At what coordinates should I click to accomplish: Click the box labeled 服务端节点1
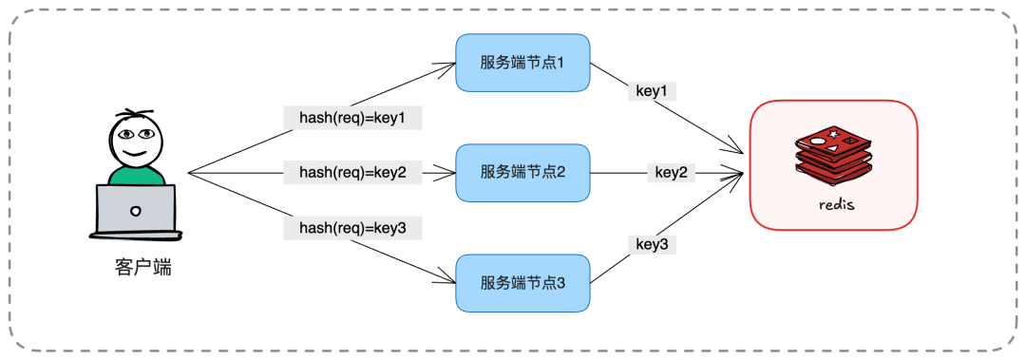[x=522, y=63]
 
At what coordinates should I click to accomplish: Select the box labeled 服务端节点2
[x=522, y=173]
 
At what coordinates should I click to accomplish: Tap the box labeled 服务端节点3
[x=522, y=283]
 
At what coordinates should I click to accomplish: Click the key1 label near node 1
[x=651, y=92]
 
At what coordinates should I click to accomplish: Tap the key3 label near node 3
[x=652, y=245]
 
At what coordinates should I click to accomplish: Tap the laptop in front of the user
[x=135, y=211]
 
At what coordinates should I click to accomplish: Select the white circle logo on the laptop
[x=136, y=210]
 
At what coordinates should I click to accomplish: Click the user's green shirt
[x=135, y=175]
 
